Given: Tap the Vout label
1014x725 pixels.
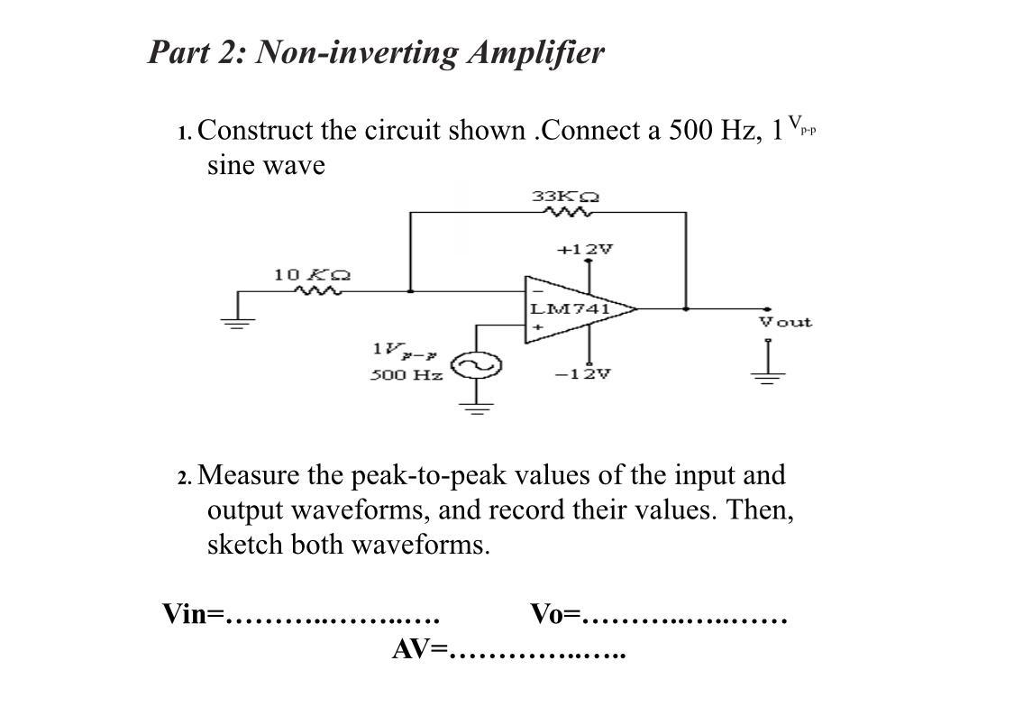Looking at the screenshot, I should point(785,322).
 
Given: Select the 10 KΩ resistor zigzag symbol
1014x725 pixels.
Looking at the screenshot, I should point(316,291).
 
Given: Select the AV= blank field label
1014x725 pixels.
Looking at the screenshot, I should point(419,649).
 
